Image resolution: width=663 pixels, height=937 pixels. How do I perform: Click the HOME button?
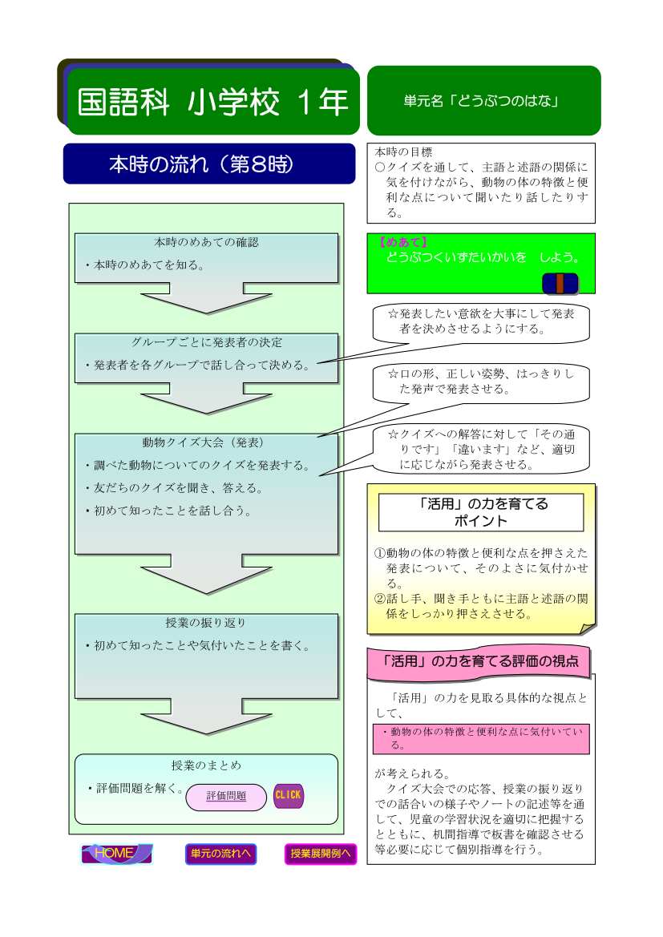(x=116, y=854)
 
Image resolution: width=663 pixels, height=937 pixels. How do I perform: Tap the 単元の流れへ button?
(x=220, y=854)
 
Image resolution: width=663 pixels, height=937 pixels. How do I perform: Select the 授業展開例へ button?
(x=321, y=854)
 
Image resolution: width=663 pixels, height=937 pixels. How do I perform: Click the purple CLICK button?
(x=288, y=795)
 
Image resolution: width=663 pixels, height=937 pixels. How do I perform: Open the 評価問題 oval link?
(x=226, y=797)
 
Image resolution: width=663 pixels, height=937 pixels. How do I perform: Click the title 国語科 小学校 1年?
(x=212, y=102)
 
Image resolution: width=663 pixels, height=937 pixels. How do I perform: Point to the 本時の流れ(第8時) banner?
(x=209, y=164)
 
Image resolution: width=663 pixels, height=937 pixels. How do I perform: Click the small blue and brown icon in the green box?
(x=560, y=283)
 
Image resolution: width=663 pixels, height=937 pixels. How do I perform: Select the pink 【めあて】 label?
(x=402, y=242)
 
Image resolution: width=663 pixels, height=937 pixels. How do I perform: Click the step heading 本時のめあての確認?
(x=206, y=242)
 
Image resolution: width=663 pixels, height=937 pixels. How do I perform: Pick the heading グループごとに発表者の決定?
(x=206, y=342)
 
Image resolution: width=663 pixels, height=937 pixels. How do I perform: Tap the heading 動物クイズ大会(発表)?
(x=204, y=442)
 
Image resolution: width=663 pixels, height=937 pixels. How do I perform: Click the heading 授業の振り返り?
(x=206, y=623)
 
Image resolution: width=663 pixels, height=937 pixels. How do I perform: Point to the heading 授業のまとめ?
(x=206, y=765)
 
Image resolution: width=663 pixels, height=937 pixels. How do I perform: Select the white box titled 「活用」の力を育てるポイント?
(x=481, y=512)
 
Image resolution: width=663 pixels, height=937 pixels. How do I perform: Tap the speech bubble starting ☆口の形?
(x=481, y=382)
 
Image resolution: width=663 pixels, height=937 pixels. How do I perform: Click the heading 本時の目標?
(x=403, y=151)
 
